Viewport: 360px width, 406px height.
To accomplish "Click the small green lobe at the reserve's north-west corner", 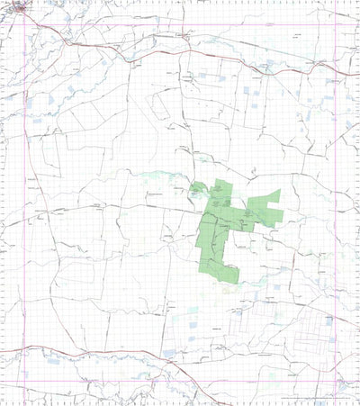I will point(196,188).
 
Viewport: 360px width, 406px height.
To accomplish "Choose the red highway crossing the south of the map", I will point(108,349).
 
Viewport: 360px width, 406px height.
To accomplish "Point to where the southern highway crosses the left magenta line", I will point(23,348).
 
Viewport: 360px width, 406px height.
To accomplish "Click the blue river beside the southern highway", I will point(135,359).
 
